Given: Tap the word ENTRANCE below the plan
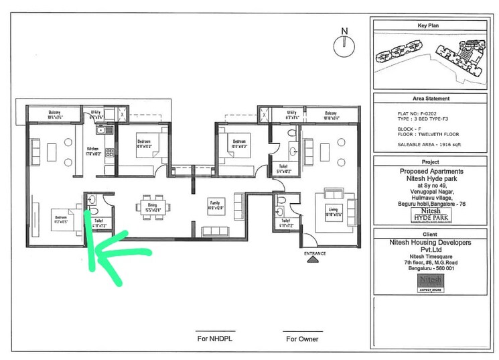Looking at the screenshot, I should (x=314, y=253).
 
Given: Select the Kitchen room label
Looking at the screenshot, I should (x=92, y=150).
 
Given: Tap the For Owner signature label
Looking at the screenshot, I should (x=302, y=339).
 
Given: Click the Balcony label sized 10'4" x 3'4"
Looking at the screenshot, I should (x=55, y=114).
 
